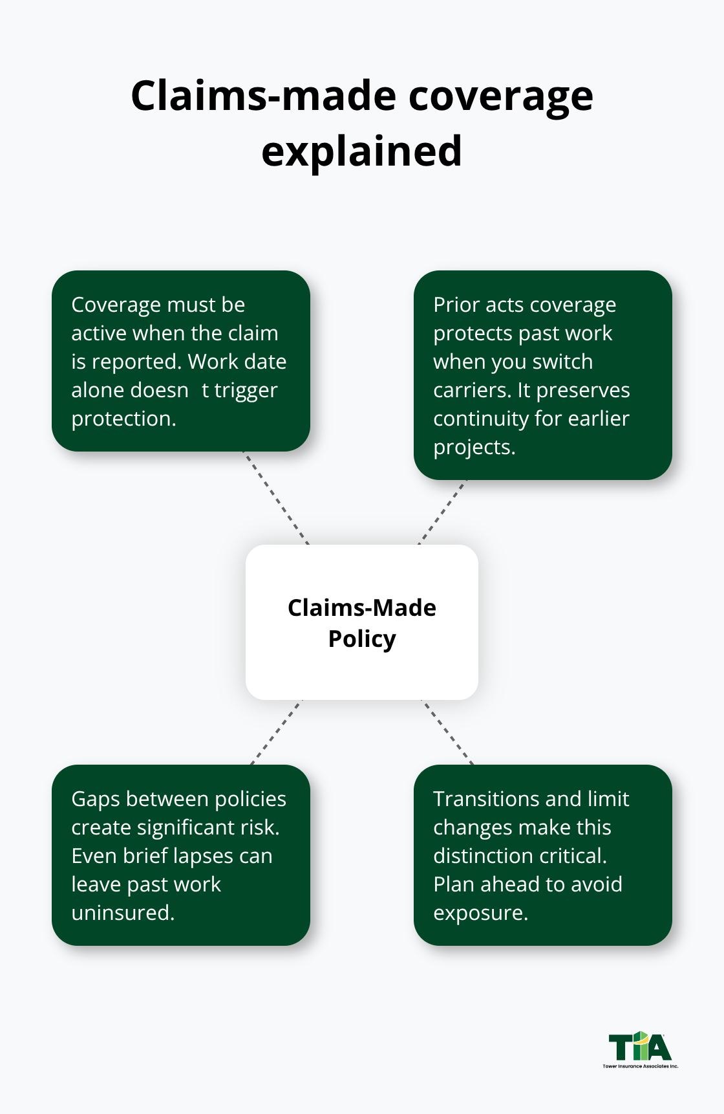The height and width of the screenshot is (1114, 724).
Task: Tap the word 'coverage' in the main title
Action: (x=500, y=96)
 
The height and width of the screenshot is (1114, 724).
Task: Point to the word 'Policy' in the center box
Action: (x=361, y=639)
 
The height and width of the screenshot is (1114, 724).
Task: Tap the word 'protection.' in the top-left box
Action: (x=123, y=419)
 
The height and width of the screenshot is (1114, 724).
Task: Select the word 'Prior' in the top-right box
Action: (x=456, y=305)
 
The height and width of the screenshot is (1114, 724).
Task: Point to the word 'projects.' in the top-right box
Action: (x=474, y=448)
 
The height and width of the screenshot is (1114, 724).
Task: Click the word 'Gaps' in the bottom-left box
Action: (x=96, y=800)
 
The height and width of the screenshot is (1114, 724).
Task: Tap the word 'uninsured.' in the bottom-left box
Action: (x=123, y=913)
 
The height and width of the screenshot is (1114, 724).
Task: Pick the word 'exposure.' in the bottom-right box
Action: (x=480, y=913)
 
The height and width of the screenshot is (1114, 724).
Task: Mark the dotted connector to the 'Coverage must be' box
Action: (x=276, y=498)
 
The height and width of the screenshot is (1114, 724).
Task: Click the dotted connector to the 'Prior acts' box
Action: (x=442, y=512)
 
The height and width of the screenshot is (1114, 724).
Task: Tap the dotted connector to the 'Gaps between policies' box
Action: (x=276, y=732)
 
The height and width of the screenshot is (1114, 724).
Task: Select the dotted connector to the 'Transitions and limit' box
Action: (x=448, y=732)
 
